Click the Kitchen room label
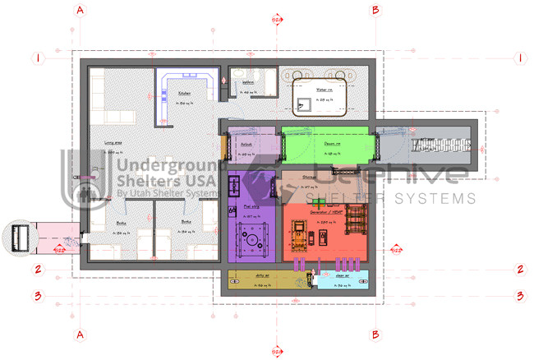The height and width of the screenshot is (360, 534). coord(185,94)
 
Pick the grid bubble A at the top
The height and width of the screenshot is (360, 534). coord(81,11)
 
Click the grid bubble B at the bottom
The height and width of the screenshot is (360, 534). coord(375,335)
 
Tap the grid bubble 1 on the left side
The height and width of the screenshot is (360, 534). coord(38,58)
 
